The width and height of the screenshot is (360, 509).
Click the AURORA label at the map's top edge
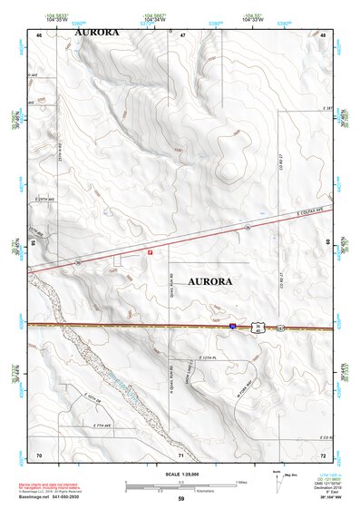[96, 32]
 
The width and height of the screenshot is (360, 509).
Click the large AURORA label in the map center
[209, 282]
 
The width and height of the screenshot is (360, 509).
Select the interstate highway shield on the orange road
[233, 324]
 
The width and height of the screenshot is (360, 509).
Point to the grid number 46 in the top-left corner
[39, 34]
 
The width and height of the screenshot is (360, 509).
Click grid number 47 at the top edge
[182, 34]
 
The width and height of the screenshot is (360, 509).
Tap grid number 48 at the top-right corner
[324, 34]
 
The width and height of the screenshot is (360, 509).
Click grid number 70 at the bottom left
[39, 453]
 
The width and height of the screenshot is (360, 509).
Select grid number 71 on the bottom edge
[182, 453]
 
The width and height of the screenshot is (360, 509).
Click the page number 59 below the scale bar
[180, 499]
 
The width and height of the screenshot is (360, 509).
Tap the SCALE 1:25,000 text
[180, 474]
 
